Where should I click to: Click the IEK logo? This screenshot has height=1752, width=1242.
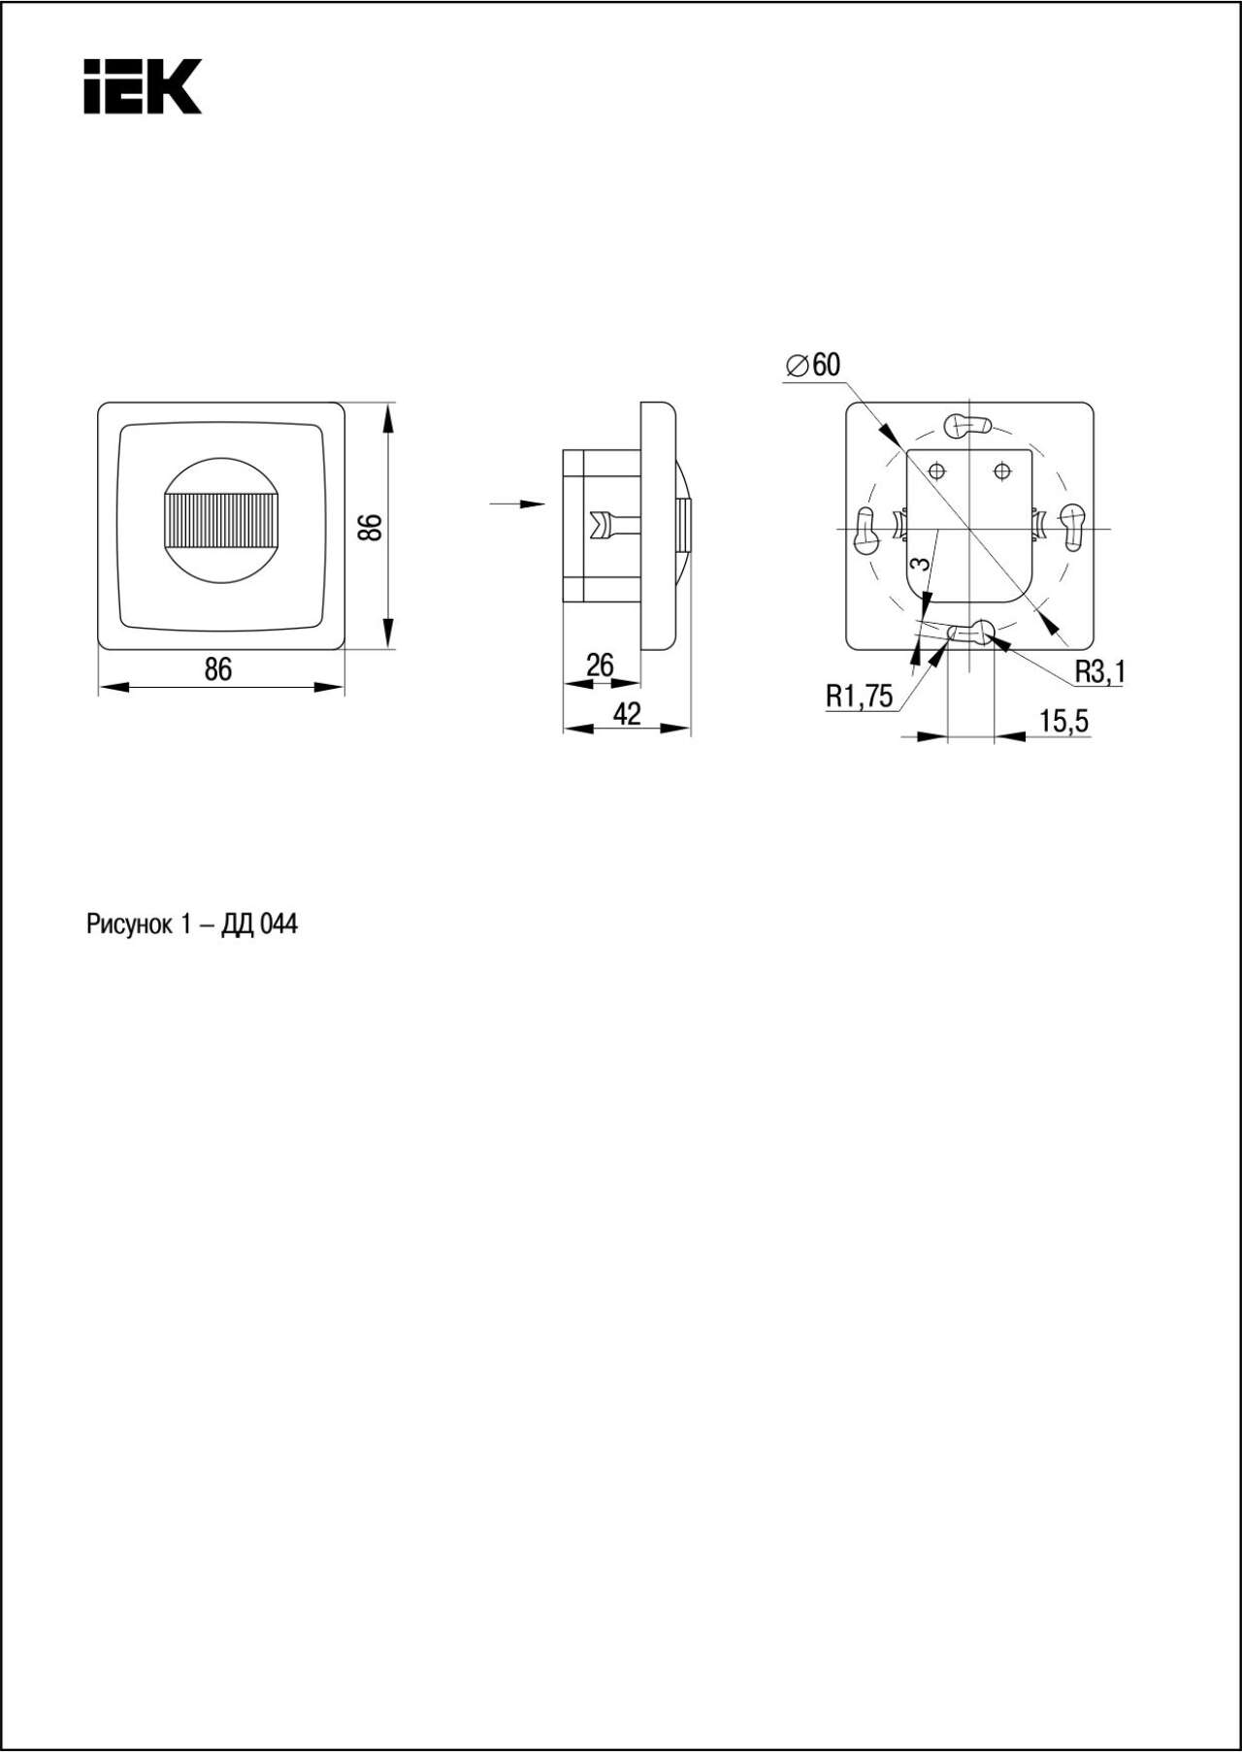tap(142, 86)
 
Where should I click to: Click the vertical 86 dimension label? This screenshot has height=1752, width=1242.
tap(371, 527)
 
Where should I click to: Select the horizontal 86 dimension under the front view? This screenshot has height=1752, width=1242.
tap(218, 669)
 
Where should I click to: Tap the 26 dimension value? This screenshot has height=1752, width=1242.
tap(601, 665)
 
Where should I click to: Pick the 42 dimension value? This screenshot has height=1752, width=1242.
tap(628, 713)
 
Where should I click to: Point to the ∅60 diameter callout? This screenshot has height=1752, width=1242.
tap(813, 365)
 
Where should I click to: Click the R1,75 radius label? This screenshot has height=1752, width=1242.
tap(860, 696)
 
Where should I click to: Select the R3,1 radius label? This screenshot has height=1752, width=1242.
tap(1099, 670)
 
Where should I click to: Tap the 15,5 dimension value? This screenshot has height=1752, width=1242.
tap(1064, 721)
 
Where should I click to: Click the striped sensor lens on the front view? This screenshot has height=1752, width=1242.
tap(221, 520)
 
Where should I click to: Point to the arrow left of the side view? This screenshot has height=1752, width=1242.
tap(518, 503)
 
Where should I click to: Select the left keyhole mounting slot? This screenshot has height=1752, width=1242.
tap(865, 530)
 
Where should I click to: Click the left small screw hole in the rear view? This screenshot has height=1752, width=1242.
tap(936, 471)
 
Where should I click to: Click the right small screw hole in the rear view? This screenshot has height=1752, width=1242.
tap(1002, 471)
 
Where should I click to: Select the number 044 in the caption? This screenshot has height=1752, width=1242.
tap(278, 925)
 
